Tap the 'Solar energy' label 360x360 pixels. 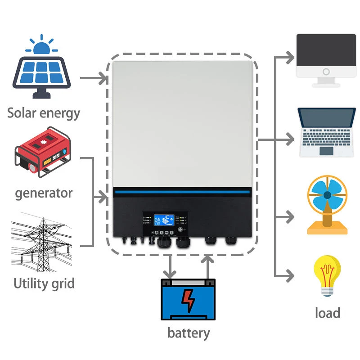point(44,112)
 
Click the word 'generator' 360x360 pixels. point(44,193)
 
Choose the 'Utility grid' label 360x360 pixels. point(44,284)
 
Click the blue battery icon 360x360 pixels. point(189,299)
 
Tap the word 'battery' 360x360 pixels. point(188,333)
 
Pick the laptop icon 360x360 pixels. point(326,132)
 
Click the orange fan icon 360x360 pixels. point(327,205)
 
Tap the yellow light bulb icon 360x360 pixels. point(327,275)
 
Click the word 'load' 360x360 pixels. point(327,313)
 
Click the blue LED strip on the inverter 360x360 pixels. point(182,193)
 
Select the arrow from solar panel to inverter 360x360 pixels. point(94,79)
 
